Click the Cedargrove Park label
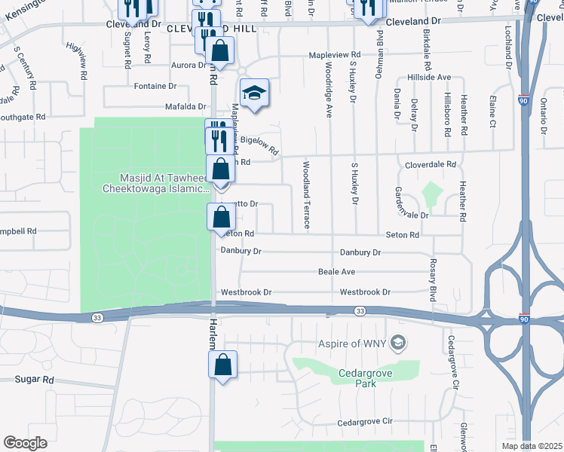click(355, 377)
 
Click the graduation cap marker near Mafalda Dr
click(255, 93)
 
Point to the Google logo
click(25, 443)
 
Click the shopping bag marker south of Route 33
click(222, 366)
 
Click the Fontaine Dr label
click(155, 86)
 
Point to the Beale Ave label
click(336, 271)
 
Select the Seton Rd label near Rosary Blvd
click(403, 235)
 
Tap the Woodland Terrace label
click(307, 194)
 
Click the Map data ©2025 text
click(532, 446)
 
